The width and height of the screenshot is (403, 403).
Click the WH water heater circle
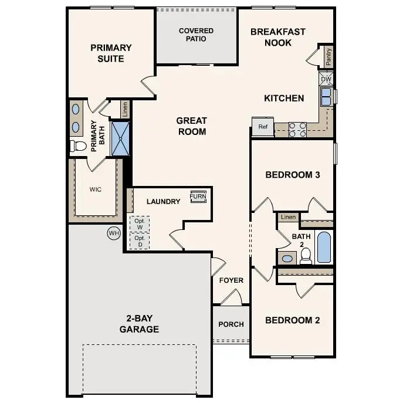113,233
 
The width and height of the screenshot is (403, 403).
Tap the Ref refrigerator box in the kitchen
263,127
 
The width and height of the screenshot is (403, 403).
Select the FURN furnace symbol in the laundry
198,197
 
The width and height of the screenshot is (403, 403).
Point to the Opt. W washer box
140,224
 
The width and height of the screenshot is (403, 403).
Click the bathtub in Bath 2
324,247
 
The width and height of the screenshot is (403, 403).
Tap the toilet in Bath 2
306,255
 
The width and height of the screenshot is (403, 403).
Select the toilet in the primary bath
78,145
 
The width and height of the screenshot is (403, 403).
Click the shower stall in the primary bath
120,138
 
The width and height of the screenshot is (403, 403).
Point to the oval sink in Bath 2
287,258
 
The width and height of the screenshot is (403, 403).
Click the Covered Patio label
196,35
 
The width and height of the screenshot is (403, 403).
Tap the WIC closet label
96,190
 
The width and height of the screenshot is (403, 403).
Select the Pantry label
329,56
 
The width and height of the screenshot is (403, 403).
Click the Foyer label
231,280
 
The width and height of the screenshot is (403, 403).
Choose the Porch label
231,324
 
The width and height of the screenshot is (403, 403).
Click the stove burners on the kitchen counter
297,129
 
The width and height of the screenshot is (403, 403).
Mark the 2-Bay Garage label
139,324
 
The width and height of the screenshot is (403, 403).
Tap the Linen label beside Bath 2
288,218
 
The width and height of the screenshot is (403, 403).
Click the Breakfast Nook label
277,37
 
